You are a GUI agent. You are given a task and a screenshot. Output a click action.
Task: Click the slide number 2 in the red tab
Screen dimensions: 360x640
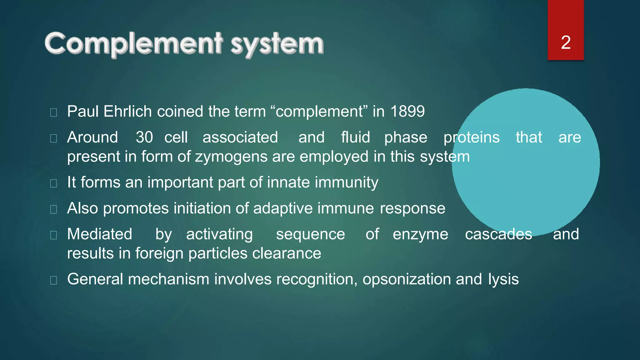(x=566, y=42)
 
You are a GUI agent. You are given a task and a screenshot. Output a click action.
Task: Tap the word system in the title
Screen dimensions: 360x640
(x=277, y=44)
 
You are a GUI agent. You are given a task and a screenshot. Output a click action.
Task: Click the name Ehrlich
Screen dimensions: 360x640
(x=127, y=112)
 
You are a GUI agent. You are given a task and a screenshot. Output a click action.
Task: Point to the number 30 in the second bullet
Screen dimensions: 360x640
(x=144, y=137)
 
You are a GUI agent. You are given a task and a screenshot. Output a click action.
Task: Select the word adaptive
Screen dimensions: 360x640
(x=283, y=208)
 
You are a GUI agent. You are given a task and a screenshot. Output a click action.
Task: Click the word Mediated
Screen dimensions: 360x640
(x=100, y=234)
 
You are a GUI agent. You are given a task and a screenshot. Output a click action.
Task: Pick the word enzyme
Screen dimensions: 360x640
(x=420, y=234)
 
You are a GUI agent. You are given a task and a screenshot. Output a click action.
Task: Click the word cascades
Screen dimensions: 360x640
(x=498, y=234)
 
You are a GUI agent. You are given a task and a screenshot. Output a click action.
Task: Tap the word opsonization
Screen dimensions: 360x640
(x=407, y=279)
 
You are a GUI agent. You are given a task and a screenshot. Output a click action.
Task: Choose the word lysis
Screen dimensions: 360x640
(x=503, y=279)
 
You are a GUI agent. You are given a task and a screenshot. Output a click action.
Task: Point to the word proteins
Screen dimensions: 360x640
(x=472, y=137)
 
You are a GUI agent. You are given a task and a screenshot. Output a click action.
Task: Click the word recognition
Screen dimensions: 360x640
(x=317, y=279)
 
